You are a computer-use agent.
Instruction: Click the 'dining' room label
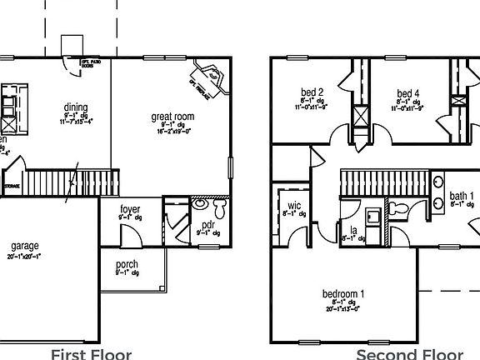76,107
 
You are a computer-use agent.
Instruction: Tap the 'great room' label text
172,117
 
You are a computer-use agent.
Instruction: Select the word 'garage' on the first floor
26,247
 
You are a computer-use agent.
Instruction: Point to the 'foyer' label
130,209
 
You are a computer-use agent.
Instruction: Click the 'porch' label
127,265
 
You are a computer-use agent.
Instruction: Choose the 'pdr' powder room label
208,226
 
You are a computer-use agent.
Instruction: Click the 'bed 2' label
312,92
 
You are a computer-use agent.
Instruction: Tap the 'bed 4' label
407,92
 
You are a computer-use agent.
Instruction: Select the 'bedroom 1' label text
343,294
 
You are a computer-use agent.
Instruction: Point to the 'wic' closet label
294,205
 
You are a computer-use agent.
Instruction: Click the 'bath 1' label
462,196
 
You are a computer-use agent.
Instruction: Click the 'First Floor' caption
91,354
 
